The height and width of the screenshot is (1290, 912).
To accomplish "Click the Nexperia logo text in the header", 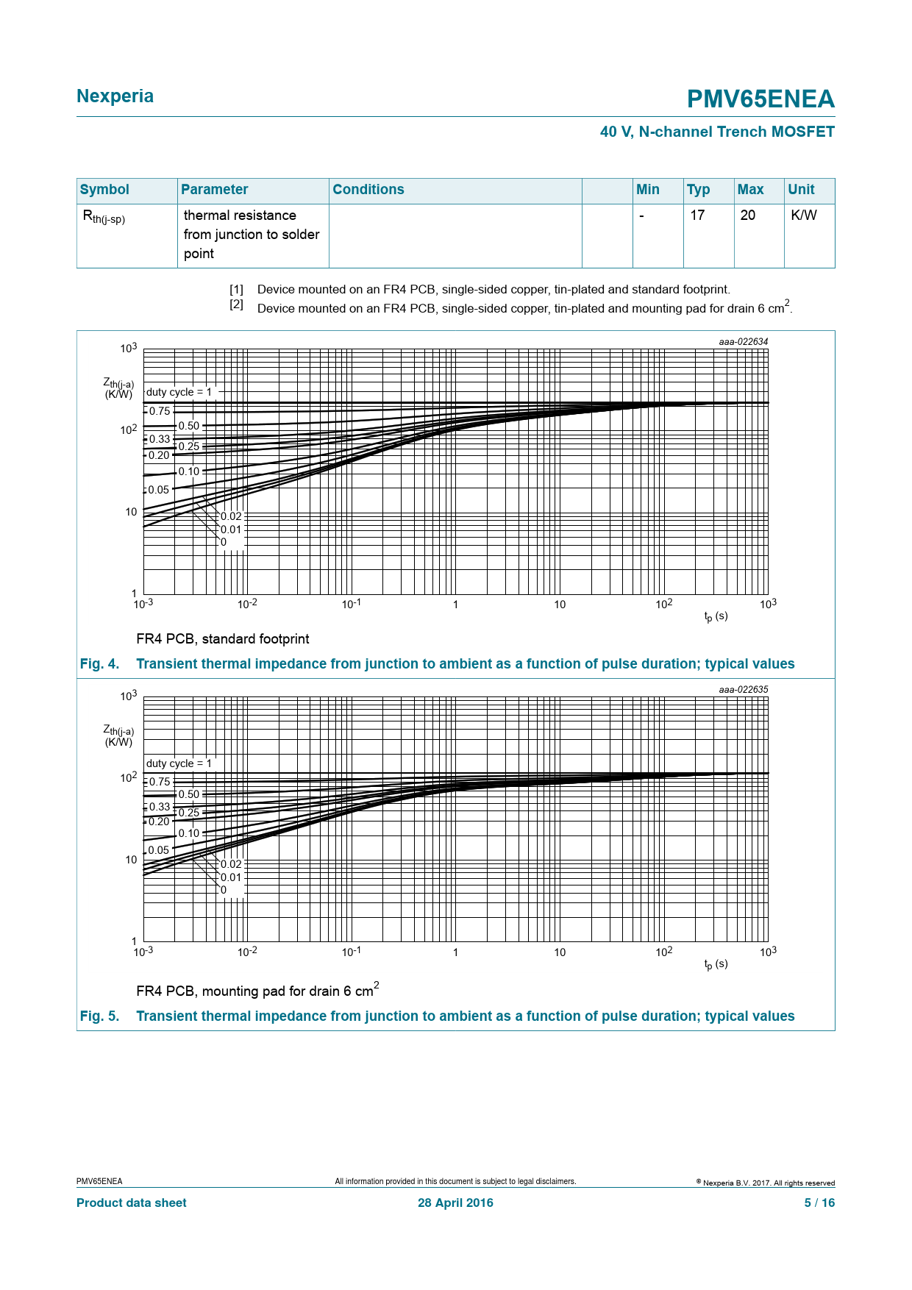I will pos(115,96).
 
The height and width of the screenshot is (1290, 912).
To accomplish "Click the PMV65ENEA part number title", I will pos(760,99).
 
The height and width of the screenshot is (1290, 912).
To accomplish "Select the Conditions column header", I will pos(368,190).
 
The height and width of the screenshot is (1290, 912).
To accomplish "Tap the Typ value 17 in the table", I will pos(697,215).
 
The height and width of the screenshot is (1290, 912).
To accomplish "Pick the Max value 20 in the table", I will pos(748,215).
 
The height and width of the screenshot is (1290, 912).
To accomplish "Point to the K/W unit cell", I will pos(803,215).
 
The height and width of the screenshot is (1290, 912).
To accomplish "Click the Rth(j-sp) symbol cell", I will pos(104,217).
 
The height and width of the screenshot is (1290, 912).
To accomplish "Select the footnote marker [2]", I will pos(236,304).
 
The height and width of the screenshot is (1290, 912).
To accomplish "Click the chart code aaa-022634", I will pos(743,342).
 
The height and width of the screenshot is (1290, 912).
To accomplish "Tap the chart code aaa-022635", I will pos(743,690).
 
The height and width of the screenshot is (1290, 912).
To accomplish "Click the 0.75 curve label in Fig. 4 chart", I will pos(160,412).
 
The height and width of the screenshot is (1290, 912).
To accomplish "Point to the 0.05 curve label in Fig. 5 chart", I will pos(159,850).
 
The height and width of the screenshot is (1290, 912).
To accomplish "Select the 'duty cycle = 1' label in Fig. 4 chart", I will pos(179,392).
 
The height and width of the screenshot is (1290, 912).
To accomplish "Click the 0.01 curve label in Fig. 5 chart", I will pos(231,877).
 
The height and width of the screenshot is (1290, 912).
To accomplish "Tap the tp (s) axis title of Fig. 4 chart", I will pos(716,616).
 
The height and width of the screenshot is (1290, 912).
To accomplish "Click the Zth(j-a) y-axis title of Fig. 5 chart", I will pos(118,735).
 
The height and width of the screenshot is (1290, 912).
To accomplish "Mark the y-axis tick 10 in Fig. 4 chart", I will pos(131,512).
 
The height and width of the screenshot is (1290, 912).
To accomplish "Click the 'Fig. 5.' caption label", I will pos(99,1016).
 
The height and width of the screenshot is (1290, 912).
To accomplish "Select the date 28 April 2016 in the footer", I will pos(455,1203).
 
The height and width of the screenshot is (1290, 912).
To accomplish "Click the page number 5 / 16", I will pos(819,1203).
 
